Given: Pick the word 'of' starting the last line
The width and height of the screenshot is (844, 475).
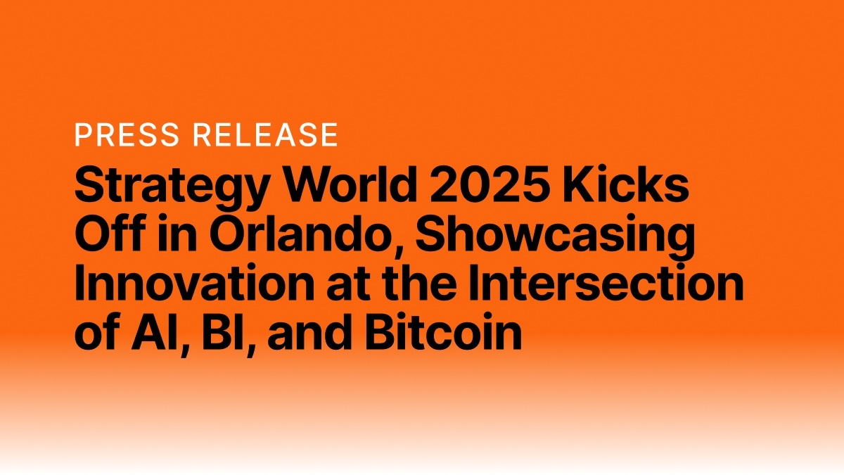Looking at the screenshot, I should pos(95,332).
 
